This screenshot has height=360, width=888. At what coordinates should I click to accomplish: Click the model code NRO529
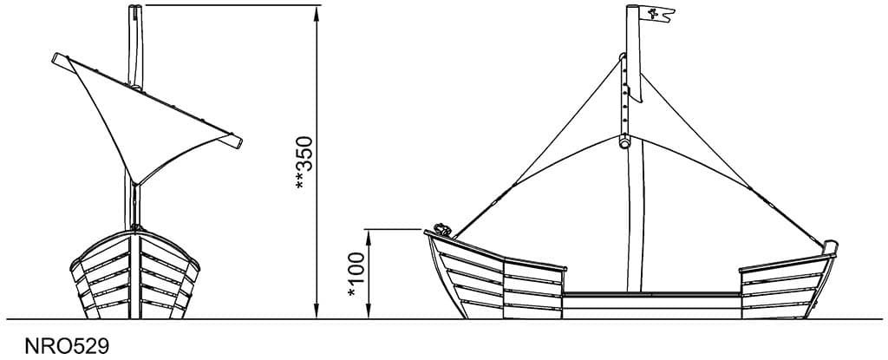click(x=67, y=346)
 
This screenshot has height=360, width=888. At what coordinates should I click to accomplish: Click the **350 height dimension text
click(x=301, y=164)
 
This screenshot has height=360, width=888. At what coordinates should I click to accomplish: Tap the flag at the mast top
click(x=658, y=14)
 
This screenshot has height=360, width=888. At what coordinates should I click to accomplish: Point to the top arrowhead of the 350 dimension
click(x=317, y=10)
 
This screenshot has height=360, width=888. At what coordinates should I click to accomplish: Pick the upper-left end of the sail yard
click(x=60, y=59)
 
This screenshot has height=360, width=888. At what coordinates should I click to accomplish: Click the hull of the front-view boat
click(x=135, y=273)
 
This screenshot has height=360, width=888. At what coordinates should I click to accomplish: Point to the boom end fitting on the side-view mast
click(x=625, y=142)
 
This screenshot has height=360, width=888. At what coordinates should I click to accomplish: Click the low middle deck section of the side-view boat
click(x=650, y=300)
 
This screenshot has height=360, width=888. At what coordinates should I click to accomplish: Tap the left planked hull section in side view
click(x=490, y=276)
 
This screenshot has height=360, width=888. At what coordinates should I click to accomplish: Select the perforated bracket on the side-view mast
click(x=623, y=95)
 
